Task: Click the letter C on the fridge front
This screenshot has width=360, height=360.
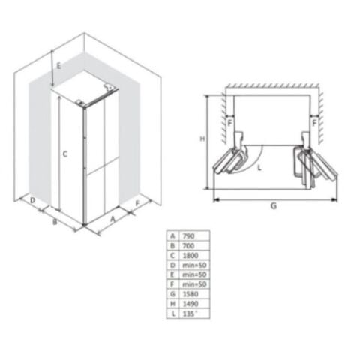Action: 66,154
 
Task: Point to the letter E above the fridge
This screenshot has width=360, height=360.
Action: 57,66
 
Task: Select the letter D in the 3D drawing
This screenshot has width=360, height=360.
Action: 33,200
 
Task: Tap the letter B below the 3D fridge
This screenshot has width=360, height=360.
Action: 55,221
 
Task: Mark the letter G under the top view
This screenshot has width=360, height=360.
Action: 274,205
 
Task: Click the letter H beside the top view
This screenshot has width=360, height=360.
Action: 202,139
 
